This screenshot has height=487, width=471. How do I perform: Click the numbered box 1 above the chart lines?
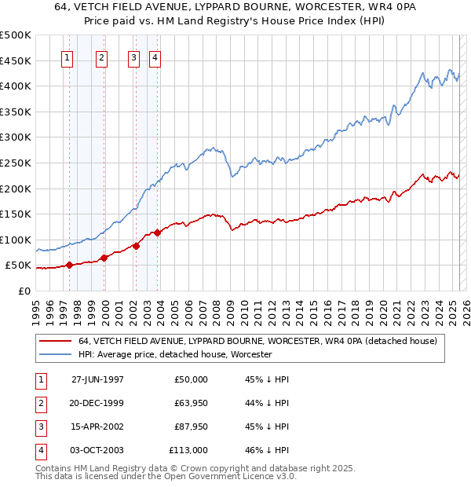[67, 57]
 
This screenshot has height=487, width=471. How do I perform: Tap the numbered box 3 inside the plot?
[134, 57]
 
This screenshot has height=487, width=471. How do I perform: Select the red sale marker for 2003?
[158, 233]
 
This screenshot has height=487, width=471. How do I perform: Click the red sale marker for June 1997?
[70, 265]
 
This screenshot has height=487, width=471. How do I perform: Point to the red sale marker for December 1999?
[104, 258]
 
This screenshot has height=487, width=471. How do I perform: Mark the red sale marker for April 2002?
[137, 246]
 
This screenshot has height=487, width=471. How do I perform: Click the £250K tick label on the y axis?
[16, 163]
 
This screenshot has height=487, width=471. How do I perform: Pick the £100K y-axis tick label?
[16, 240]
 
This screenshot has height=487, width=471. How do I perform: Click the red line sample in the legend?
[55, 341]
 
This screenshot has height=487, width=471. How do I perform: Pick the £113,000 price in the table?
[188, 450]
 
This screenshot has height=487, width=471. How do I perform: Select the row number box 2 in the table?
[39, 403]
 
